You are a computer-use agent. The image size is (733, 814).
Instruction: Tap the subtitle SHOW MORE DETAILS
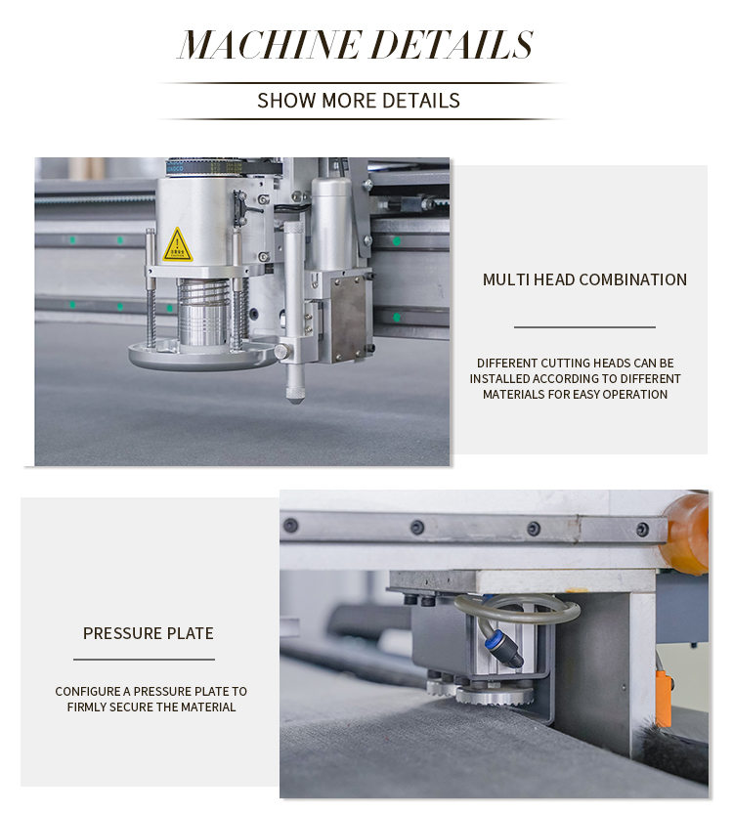click(x=358, y=101)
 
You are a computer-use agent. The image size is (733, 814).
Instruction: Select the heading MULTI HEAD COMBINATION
click(x=584, y=279)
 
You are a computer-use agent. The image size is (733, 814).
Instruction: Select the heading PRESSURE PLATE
click(x=149, y=633)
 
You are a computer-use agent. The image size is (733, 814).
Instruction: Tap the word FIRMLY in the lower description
click(x=89, y=707)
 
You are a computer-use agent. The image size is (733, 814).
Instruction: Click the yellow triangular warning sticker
click(x=177, y=246)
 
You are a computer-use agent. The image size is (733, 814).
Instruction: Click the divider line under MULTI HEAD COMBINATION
click(x=584, y=327)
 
